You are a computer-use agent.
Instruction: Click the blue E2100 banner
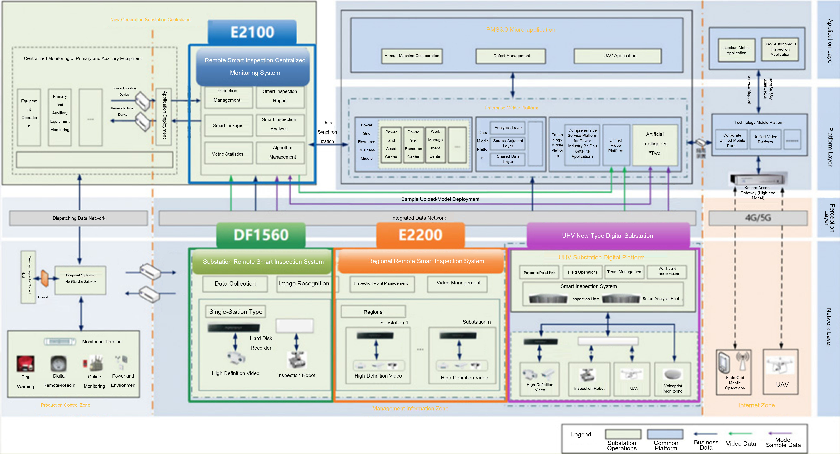252,32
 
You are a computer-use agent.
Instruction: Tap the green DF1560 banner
261,235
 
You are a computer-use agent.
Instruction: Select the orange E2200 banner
420,235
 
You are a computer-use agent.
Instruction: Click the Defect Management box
511,56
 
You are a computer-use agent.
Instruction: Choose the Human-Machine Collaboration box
412,56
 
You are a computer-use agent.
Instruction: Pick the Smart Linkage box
228,126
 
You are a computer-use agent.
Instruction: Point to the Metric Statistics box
228,154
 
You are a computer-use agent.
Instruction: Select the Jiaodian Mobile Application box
736,50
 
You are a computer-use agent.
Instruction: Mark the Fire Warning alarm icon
25,363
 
